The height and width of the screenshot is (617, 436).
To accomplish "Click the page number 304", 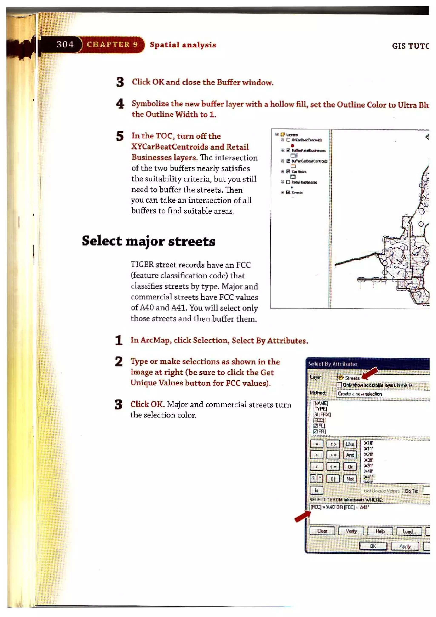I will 65,44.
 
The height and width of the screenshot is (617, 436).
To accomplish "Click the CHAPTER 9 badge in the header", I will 112,44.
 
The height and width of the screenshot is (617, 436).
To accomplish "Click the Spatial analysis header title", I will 183,45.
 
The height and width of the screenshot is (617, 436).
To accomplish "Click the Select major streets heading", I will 148,241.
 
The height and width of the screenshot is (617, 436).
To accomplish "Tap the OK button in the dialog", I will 373,546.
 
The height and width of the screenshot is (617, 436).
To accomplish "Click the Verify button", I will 351,531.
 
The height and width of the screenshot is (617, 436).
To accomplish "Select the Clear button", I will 322,531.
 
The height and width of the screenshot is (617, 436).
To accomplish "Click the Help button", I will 380,531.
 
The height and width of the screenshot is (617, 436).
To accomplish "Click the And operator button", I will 350,455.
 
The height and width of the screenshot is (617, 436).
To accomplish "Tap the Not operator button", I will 350,479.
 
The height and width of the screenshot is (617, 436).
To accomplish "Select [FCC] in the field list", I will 319,420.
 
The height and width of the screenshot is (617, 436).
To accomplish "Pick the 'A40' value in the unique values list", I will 368,471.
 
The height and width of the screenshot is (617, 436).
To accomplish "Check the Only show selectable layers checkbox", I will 339,385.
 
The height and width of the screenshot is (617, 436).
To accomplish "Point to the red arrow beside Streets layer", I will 370,373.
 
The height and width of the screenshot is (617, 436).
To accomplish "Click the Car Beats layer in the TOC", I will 299,171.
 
